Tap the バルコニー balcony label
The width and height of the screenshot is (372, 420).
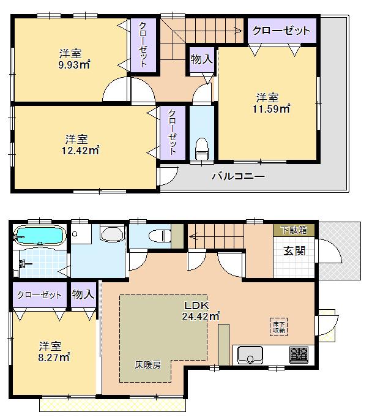tap(238, 177)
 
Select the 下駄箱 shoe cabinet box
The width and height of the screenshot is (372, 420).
tap(294, 230)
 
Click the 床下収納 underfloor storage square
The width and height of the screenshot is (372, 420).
tap(278, 326)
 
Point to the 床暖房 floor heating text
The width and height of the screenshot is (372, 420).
tap(148, 364)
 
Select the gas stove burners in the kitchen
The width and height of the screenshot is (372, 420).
tap(299, 354)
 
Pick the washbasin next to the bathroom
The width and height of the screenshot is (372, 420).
tap(111, 235)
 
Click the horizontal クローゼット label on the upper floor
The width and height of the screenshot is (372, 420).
tap(282, 30)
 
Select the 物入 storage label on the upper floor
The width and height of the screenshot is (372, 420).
tap(201, 59)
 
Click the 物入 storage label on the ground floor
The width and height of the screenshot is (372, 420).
tap(84, 294)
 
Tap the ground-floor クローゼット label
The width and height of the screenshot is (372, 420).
tap(40, 294)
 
